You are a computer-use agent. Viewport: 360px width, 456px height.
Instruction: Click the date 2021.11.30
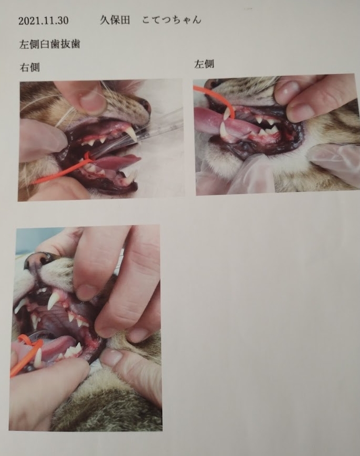tap(44, 20)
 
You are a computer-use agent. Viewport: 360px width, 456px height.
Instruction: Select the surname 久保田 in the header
tap(115, 20)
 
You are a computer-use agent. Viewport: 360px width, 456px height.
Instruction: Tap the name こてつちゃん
tap(172, 20)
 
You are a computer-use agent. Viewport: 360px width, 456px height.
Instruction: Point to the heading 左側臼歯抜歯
tap(50, 45)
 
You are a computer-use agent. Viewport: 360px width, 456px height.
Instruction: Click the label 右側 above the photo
tap(30, 68)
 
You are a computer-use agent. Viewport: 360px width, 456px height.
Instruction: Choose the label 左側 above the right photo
tap(204, 64)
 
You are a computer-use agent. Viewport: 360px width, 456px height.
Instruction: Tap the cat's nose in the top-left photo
tap(145, 106)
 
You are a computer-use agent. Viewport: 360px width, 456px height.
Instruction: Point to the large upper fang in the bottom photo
tap(55, 301)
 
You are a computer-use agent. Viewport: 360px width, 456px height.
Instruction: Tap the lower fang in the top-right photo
tap(224, 130)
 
